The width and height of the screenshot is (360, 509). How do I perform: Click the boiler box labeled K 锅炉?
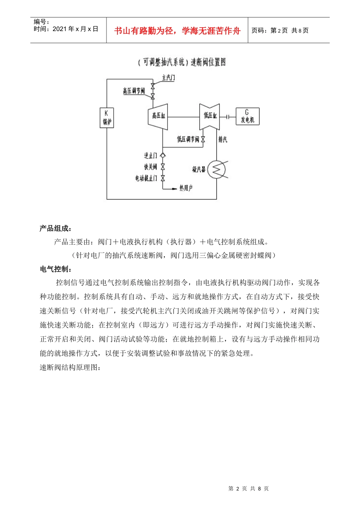(x=106, y=117)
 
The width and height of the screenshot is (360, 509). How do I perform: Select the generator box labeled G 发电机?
(x=247, y=117)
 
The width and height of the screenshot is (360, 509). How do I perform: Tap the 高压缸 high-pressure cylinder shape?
(x=158, y=116)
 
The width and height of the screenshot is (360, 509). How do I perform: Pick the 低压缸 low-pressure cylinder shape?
(x=210, y=116)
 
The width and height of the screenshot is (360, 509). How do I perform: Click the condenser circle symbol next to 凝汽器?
(x=217, y=169)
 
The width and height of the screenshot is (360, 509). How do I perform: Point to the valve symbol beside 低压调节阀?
(x=203, y=139)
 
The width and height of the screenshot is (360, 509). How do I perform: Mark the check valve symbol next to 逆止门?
(x=163, y=155)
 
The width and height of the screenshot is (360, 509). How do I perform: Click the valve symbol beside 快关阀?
(x=163, y=167)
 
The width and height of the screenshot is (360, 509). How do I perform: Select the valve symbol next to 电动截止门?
(x=163, y=178)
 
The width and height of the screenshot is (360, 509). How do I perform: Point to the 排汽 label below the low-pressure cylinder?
(x=223, y=140)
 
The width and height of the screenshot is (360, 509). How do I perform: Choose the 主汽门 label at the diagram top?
(x=168, y=78)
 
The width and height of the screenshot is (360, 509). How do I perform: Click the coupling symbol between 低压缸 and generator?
(x=228, y=117)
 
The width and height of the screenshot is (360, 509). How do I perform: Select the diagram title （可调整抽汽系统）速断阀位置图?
(x=182, y=62)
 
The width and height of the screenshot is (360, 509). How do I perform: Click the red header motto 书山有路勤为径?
(x=177, y=31)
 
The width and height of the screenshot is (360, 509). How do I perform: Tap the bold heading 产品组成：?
(x=56, y=228)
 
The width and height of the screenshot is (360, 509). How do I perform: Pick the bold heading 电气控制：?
(x=56, y=269)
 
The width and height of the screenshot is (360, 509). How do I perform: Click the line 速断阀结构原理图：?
(x=70, y=368)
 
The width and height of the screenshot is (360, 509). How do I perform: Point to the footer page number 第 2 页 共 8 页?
(x=249, y=489)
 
